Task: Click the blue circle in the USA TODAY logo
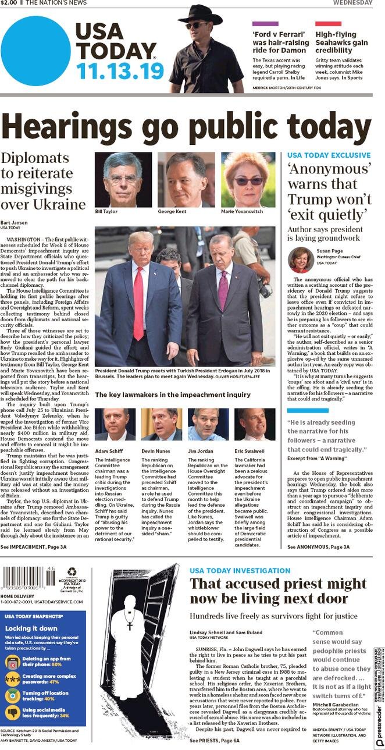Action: coord(35,51)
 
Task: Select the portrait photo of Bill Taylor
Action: coord(123,179)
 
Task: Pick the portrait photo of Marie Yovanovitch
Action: coord(248,179)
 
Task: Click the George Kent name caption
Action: coord(173,211)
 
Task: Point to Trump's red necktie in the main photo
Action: coord(138,302)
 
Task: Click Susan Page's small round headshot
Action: coord(301,260)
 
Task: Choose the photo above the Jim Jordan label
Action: coord(208,424)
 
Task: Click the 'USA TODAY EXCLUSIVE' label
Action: coord(329,155)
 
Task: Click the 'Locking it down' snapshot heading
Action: coord(31,628)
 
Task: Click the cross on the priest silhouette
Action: coord(130,625)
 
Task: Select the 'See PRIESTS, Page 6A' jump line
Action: coord(214,741)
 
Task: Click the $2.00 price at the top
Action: coord(9,3)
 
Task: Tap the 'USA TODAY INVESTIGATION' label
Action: coord(240,571)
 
